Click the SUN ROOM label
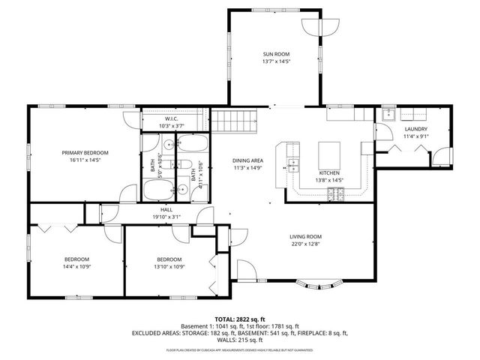[275, 54]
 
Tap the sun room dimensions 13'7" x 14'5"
[275, 61]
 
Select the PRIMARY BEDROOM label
[85, 152]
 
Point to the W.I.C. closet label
[171, 119]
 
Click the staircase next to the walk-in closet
[233, 120]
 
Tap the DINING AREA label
[247, 160]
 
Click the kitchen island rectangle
[330, 155]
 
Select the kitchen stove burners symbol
[334, 195]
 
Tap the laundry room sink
[388, 115]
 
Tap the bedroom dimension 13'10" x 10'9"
[169, 266]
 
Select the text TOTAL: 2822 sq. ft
[239, 319]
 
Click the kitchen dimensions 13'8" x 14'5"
[330, 180]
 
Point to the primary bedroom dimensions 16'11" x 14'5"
[85, 160]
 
